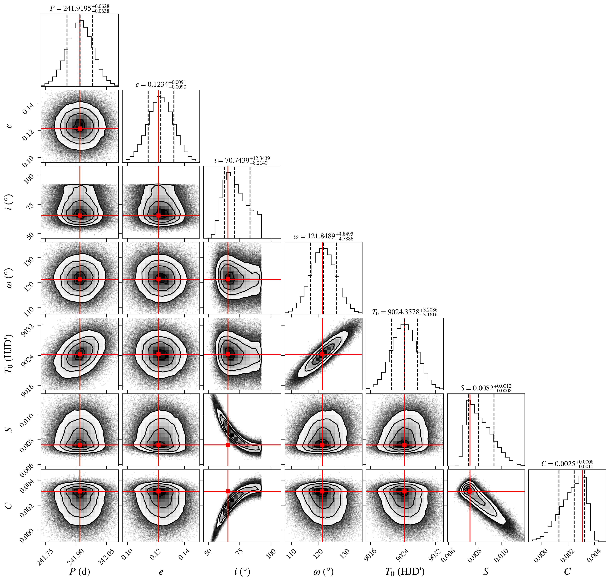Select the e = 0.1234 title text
click(x=161, y=84)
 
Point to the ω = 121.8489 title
click(x=323, y=236)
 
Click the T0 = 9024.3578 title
click(x=405, y=312)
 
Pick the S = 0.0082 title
click(x=486, y=388)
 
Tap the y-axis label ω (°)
click(x=9, y=278)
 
